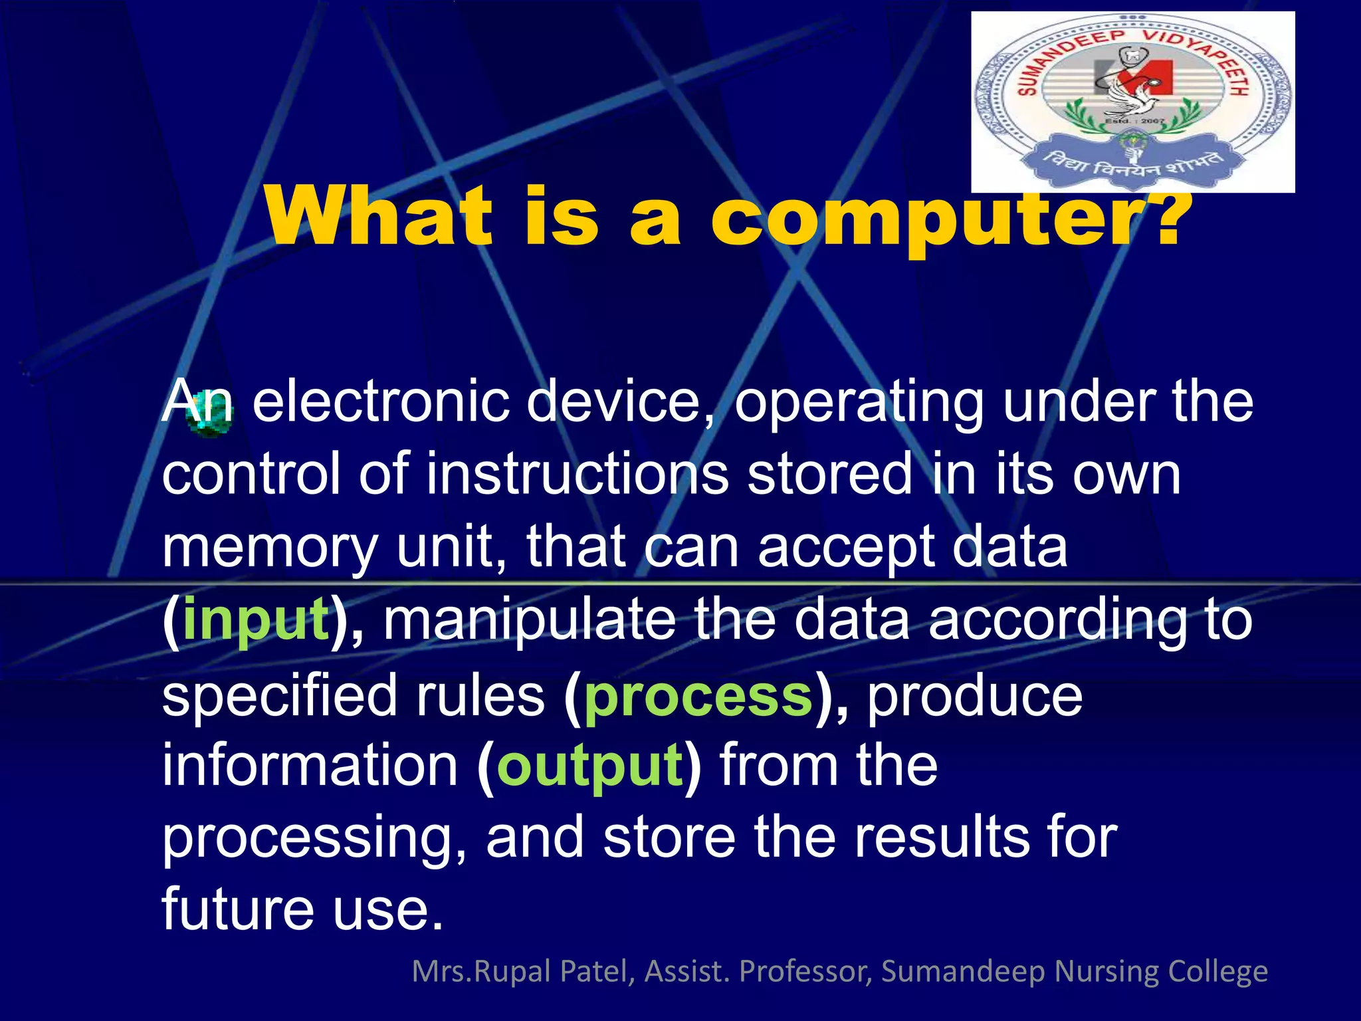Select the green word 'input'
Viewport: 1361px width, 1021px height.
click(256, 620)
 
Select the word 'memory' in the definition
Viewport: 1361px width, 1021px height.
click(270, 548)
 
